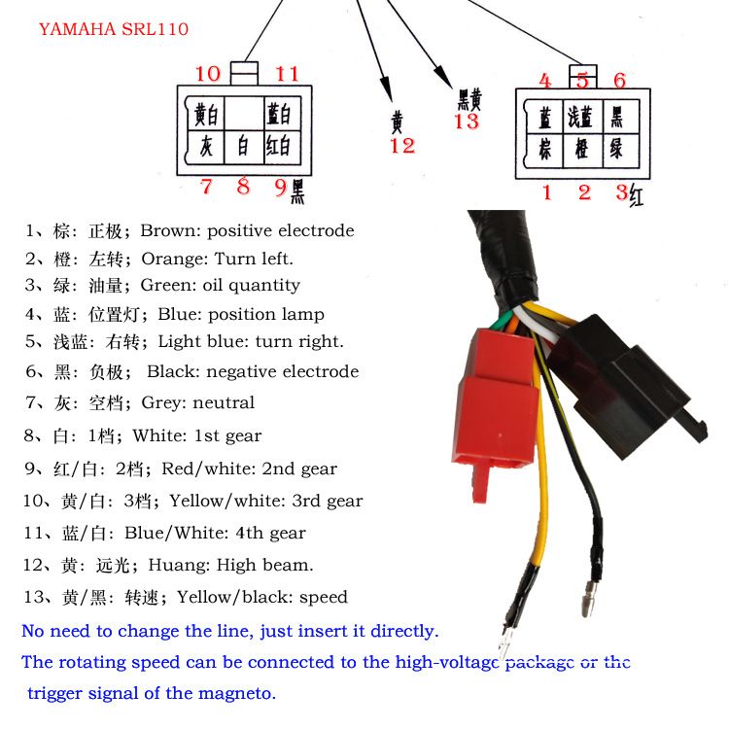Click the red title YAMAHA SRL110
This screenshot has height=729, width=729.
click(114, 29)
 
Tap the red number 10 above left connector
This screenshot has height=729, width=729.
click(207, 74)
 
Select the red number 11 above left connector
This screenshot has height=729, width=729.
click(286, 74)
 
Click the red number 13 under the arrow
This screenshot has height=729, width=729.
click(467, 121)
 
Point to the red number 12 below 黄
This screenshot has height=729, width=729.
click(401, 146)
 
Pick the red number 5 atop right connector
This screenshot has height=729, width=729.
click(582, 82)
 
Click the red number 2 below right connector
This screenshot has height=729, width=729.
click(584, 192)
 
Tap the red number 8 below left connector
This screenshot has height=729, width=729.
click(243, 186)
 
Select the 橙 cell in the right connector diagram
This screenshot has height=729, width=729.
click(580, 150)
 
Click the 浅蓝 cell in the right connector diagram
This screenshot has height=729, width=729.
click(580, 118)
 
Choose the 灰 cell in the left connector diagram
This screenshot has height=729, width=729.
click(205, 148)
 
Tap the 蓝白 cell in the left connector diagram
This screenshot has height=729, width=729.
click(279, 115)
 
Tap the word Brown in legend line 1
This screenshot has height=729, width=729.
click(169, 231)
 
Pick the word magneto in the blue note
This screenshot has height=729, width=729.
click(236, 693)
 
